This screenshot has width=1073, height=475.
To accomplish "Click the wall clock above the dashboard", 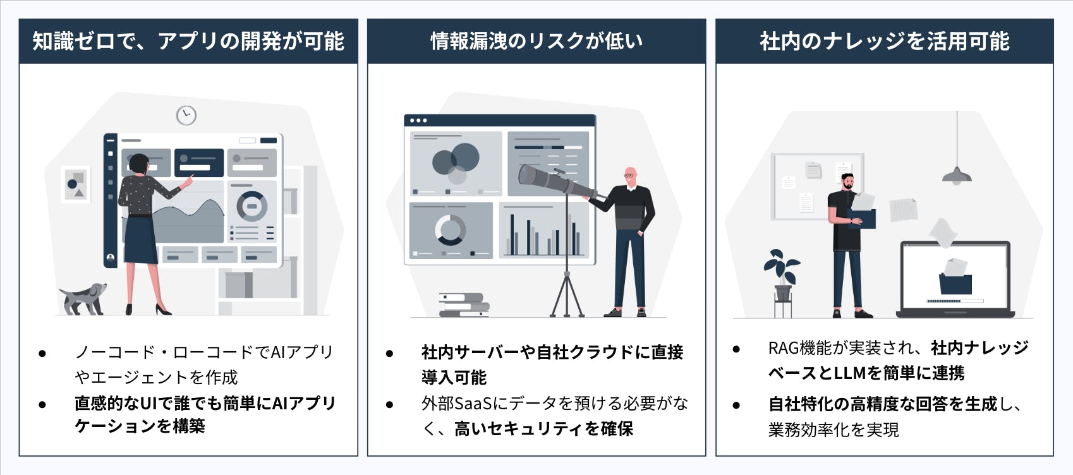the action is [x=186, y=116].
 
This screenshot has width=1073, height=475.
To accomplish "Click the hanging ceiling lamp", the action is [x=957, y=175].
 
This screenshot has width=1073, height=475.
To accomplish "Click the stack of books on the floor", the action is [x=464, y=304].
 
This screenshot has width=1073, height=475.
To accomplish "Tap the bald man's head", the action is [x=631, y=176].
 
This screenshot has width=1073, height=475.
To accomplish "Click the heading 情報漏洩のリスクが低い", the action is [x=536, y=41].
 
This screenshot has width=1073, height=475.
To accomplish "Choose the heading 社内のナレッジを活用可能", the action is [x=884, y=41].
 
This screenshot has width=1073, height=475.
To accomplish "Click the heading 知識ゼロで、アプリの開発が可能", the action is [x=188, y=41].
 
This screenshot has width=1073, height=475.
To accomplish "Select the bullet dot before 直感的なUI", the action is [x=42, y=405].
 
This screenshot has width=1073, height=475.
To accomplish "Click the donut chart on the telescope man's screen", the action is [x=451, y=230].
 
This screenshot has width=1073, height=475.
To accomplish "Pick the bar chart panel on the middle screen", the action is [x=543, y=231].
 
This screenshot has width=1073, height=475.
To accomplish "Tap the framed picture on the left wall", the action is [x=75, y=184].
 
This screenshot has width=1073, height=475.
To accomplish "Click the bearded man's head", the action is [x=847, y=181].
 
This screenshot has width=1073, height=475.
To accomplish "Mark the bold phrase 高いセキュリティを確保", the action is [x=543, y=428].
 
